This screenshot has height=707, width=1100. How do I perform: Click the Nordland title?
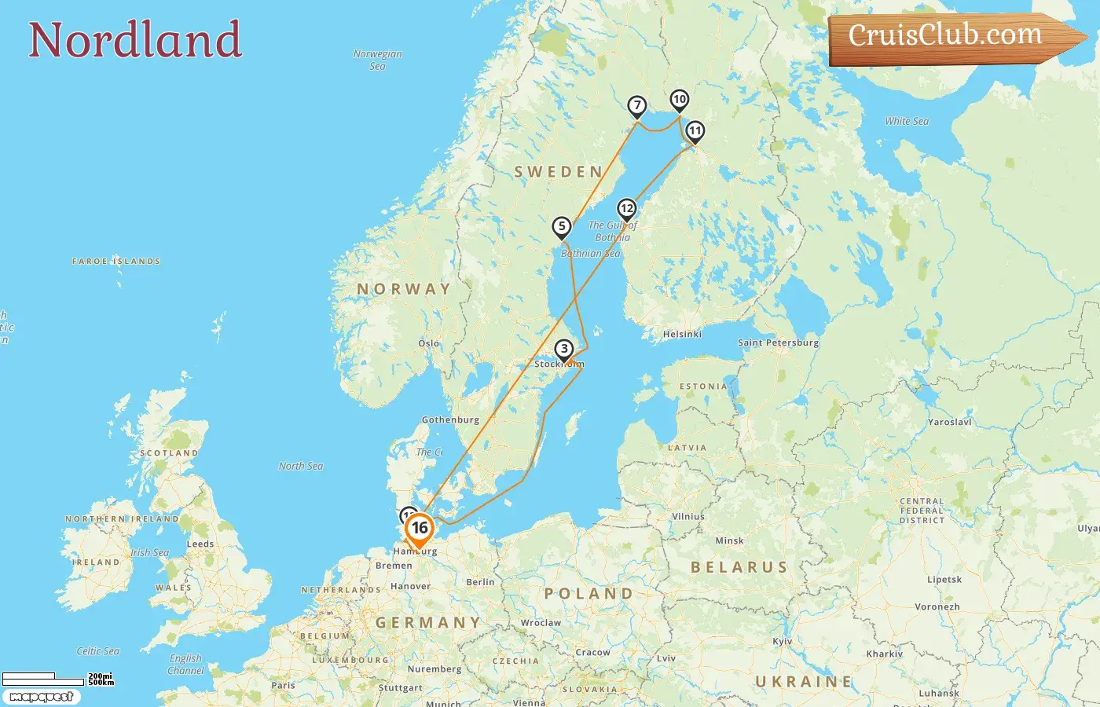click(x=135, y=40)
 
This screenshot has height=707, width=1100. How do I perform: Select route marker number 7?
click(x=637, y=106)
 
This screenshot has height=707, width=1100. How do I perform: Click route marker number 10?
click(x=680, y=100)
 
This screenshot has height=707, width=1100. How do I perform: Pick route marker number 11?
click(x=695, y=131)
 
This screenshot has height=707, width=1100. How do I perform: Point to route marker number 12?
click(x=627, y=209)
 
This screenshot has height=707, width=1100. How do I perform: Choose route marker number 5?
click(x=561, y=227)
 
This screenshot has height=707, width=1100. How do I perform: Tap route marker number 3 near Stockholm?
click(x=564, y=350)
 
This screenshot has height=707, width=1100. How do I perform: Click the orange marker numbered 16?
click(x=420, y=529)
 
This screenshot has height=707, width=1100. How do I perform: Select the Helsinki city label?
click(x=682, y=334)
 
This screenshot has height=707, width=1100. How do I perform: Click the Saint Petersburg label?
click(x=778, y=343)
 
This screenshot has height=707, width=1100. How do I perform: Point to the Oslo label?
click(x=429, y=343)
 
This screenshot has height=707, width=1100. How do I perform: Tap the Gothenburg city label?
click(x=450, y=419)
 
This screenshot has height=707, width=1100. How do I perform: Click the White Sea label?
click(x=907, y=121)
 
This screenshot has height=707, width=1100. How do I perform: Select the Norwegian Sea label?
click(x=378, y=60)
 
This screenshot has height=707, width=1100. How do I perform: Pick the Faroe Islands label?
click(x=116, y=261)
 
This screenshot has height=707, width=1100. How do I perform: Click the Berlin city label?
click(x=480, y=582)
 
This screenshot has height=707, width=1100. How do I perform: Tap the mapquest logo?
click(x=41, y=697)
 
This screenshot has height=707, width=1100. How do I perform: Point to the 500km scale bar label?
click(x=101, y=683)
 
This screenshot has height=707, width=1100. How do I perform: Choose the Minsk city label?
click(x=729, y=540)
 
